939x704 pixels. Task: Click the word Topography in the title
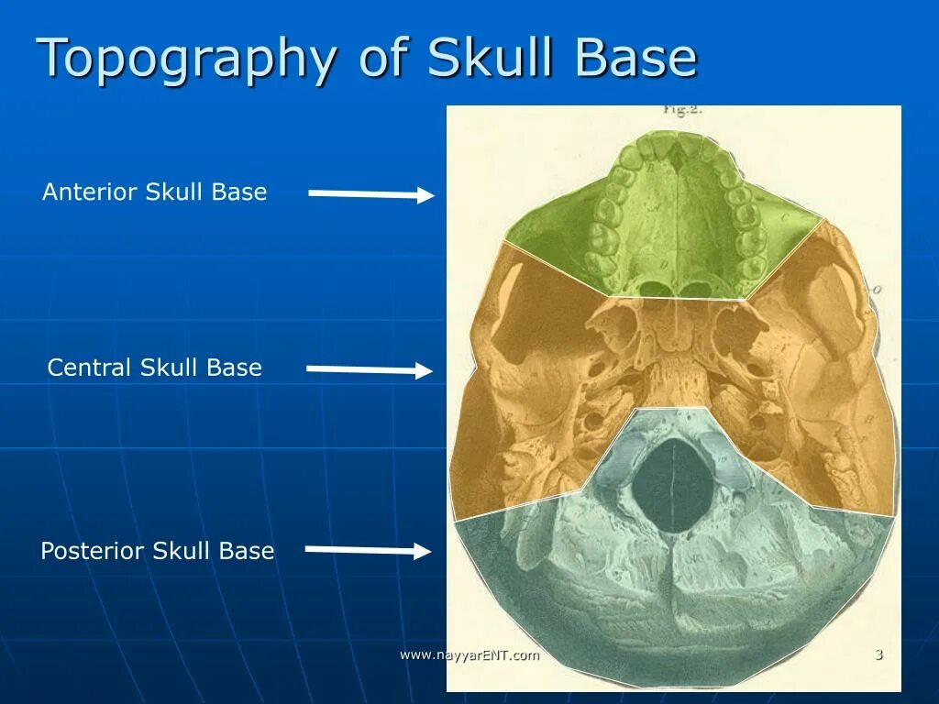(x=186, y=59)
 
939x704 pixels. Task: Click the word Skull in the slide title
(x=495, y=58)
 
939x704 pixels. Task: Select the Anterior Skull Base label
(x=154, y=192)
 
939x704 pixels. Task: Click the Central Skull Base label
(x=154, y=368)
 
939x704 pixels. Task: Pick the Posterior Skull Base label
(x=157, y=551)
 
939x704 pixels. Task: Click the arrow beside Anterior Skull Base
(x=370, y=193)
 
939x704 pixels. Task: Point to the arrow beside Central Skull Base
(x=369, y=369)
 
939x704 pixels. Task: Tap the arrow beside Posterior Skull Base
(x=367, y=550)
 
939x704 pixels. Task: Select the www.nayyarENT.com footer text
(x=469, y=654)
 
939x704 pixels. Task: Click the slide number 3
(x=878, y=654)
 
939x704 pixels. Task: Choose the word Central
(x=90, y=368)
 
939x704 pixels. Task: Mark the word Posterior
(x=93, y=551)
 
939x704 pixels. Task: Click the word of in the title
(x=385, y=58)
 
